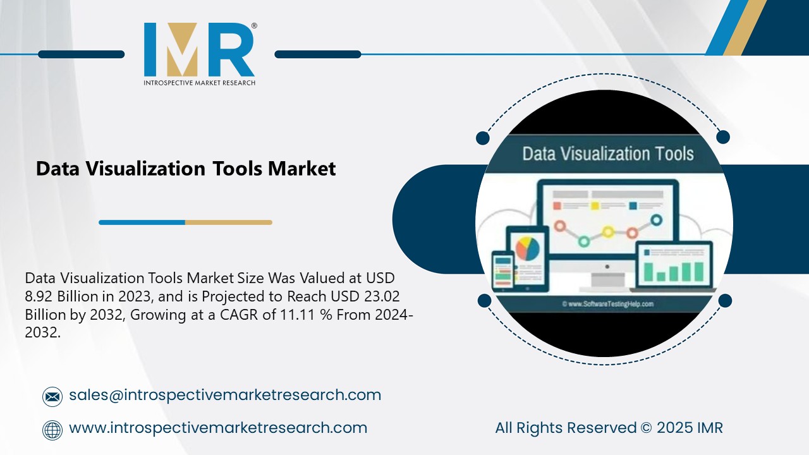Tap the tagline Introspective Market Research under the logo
198,83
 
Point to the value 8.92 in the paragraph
44,296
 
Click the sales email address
225,395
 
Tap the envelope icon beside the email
52,396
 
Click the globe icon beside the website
52,430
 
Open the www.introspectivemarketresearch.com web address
218,428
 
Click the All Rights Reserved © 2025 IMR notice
609,428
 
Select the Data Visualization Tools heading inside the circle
607,154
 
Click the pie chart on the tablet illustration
528,248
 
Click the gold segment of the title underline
228,222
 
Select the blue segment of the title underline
142,222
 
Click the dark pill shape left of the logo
81,54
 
